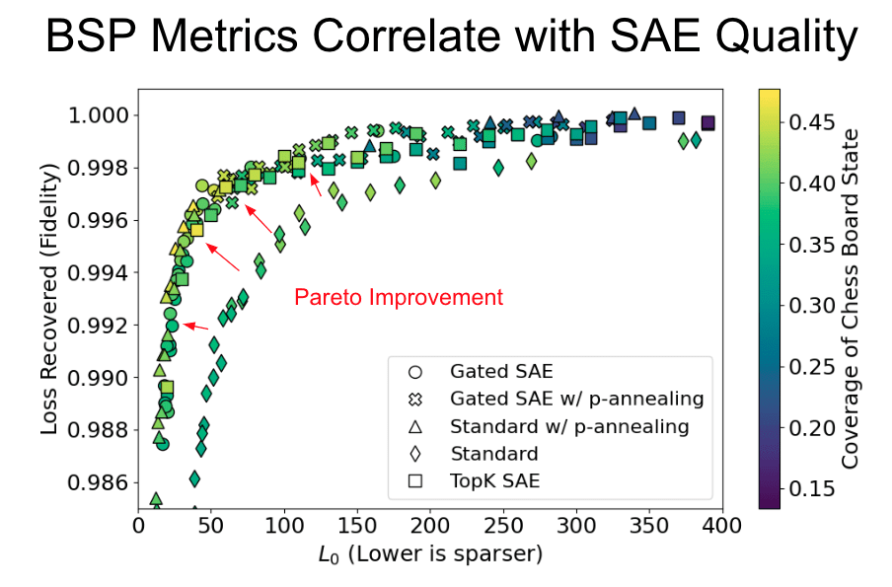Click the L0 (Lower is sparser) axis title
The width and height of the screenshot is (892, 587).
[432, 554]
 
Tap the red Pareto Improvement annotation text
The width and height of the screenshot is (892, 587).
[399, 297]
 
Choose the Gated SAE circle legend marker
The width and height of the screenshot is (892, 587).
[415, 372]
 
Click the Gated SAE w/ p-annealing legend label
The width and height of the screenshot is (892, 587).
[576, 400]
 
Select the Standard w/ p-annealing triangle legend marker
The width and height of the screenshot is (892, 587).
[415, 427]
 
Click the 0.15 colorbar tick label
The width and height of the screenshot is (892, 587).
[816, 488]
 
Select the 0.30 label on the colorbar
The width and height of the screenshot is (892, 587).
[816, 306]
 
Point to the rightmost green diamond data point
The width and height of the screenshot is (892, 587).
[696, 140]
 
